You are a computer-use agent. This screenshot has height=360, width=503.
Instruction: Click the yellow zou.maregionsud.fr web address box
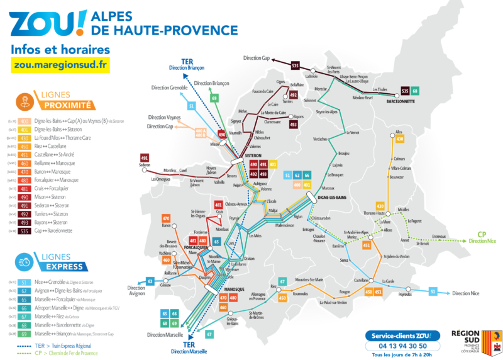pyautogui.click(x=60, y=64)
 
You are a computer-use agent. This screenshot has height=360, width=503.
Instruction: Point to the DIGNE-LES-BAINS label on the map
pyautogui.click(x=333, y=198)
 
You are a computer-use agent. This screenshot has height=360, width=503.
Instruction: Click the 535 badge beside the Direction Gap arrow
pyautogui.click(x=296, y=65)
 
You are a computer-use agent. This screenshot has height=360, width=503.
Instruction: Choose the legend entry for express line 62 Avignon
pyautogui.click(x=60, y=291)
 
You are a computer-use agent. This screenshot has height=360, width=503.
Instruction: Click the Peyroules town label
pyautogui.click(x=405, y=295)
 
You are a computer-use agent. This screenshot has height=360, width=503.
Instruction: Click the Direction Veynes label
pyautogui.click(x=165, y=117)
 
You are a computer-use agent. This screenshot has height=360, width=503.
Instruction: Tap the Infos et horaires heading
pyautogui.click(x=60, y=49)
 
